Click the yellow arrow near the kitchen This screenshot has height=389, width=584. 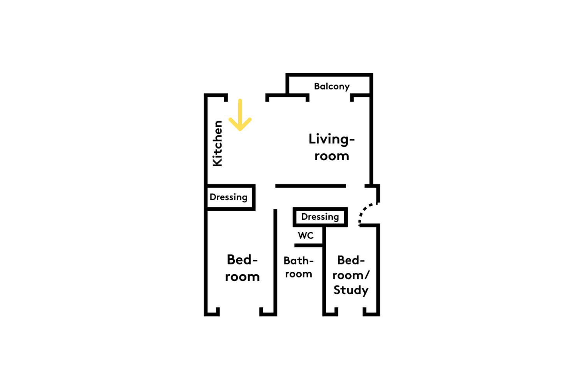[240, 115]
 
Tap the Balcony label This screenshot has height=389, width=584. [332, 86]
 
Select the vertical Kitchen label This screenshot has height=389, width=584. [217, 144]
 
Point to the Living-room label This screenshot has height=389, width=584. [332, 147]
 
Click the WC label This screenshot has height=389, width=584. [306, 235]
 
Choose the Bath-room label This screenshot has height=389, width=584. [299, 267]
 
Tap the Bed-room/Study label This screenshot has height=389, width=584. [351, 275]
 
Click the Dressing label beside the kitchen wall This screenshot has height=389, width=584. [229, 197]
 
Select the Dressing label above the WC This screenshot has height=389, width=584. [320, 217]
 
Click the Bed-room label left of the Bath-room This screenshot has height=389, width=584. [243, 268]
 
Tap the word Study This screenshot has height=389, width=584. [351, 290]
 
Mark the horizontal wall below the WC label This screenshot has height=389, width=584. [309, 245]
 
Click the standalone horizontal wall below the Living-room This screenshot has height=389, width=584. [311, 186]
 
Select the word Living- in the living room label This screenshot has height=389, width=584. [332, 139]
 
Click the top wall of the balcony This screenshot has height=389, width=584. [329, 75]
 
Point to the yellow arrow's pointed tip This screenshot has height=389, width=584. [240, 130]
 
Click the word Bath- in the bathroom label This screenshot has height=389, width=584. [299, 261]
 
